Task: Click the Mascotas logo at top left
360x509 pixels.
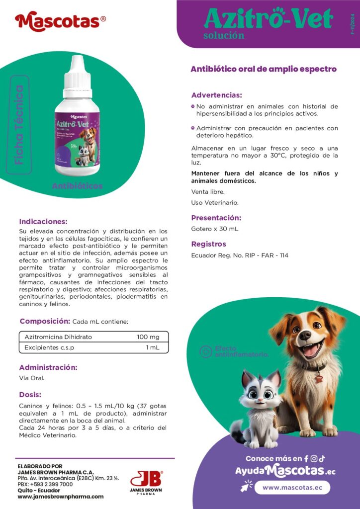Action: tap(60, 21)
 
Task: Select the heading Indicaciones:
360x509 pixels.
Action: tap(43, 222)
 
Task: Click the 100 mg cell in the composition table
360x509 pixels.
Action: tap(148, 337)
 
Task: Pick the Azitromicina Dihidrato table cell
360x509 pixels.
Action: tap(58, 337)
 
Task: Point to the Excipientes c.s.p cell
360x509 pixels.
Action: tap(49, 347)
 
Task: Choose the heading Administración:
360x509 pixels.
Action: tap(48, 368)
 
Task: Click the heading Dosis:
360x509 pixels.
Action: tap(30, 395)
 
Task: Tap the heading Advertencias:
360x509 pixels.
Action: tap(216, 95)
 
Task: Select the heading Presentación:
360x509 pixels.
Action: tap(216, 218)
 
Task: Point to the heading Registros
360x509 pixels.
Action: tap(209, 244)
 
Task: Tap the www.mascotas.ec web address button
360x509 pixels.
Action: tap(292, 488)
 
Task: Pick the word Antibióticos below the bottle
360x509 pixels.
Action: tap(77, 186)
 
